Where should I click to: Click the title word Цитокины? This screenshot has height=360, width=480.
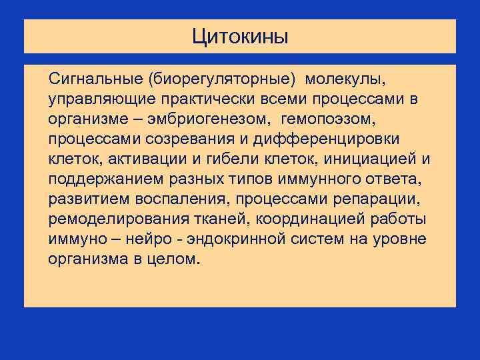pos(240,36)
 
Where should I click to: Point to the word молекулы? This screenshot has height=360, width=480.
pos(345,80)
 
